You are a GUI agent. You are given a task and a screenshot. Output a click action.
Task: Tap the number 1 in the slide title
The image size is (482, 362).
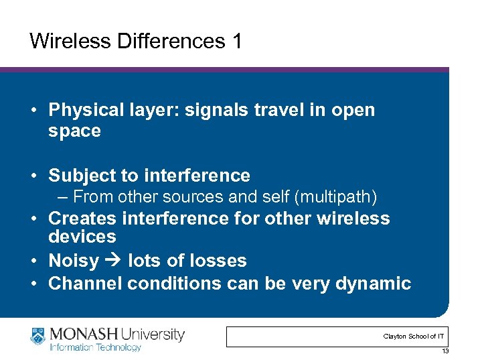(x=236, y=41)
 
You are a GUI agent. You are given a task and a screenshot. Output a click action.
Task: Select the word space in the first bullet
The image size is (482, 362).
(x=74, y=131)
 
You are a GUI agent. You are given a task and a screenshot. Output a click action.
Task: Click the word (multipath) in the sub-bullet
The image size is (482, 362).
(x=342, y=197)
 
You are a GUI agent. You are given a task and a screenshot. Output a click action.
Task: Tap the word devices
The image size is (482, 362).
(x=82, y=237)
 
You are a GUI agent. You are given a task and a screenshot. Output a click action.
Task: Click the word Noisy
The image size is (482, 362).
(x=74, y=260)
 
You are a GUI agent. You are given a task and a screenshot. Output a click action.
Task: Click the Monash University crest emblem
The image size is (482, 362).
(x=38, y=337)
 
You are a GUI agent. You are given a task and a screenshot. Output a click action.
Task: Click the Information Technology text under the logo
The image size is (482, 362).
(x=95, y=347)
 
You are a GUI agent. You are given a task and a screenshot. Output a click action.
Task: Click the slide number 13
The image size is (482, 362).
(x=445, y=351)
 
